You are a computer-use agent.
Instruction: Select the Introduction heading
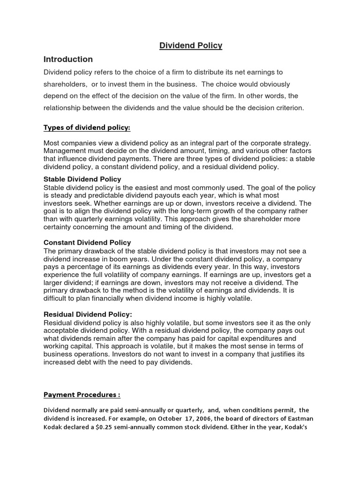point(68,60)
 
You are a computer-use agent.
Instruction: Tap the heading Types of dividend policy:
point(87,127)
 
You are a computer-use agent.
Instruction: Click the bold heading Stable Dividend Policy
point(82,179)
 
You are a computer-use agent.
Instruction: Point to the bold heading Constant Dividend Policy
point(87,242)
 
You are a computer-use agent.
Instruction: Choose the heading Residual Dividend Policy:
point(88,314)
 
